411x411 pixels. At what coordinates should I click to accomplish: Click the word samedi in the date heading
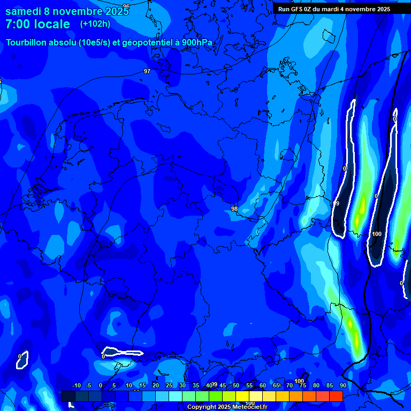pos(27,11)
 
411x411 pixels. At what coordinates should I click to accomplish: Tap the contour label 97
pos(147,71)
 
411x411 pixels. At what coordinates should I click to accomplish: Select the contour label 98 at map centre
pos(234,209)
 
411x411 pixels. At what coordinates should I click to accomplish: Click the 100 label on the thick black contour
pos(377,234)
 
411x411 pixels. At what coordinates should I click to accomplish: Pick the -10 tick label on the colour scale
pos(76,385)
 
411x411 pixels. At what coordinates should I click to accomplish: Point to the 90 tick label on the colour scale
pos(342,385)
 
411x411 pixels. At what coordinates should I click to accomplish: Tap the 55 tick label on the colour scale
pos(249,385)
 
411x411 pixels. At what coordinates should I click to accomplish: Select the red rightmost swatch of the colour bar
pos(336,396)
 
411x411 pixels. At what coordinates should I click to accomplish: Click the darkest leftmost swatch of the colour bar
pos(68,396)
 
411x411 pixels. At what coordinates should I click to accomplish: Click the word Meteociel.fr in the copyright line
pos(249,407)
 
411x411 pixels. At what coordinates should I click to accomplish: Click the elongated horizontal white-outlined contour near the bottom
pos(123,352)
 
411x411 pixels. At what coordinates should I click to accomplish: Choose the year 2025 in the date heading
pos(117,11)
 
